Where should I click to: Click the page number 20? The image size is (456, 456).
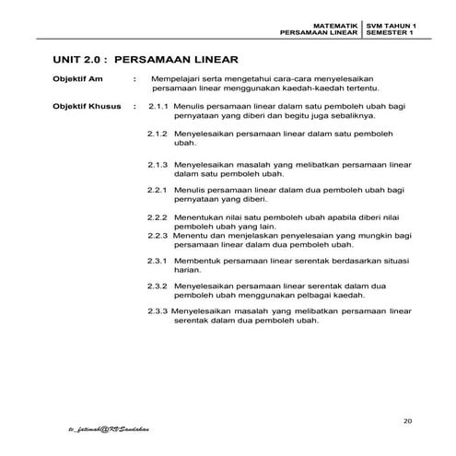tap(407, 421)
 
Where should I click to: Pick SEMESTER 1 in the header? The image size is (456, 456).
tap(388, 31)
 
